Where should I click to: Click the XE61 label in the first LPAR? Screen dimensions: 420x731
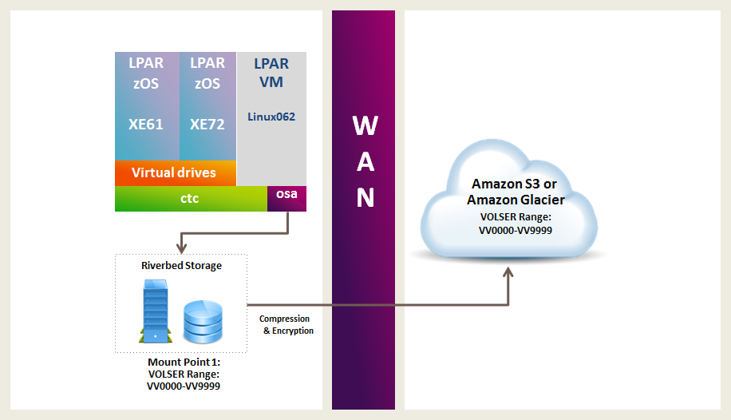(x=147, y=125)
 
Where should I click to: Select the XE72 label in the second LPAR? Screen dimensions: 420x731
(x=207, y=125)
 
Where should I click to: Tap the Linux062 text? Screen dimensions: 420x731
(x=271, y=117)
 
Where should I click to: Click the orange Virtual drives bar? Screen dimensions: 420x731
(x=174, y=173)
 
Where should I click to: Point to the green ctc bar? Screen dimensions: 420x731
(x=190, y=199)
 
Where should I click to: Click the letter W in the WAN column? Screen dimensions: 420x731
(x=364, y=125)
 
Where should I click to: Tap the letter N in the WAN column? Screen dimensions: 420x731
(x=364, y=197)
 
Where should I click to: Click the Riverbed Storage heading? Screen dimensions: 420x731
(x=181, y=265)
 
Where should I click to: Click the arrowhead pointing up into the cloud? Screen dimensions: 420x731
(x=508, y=273)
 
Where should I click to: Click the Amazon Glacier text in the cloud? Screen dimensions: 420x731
(x=516, y=200)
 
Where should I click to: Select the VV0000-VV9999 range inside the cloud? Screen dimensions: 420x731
(x=516, y=229)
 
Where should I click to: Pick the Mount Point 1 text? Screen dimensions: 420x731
(x=181, y=362)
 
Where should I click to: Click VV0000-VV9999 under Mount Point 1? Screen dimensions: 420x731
(x=181, y=386)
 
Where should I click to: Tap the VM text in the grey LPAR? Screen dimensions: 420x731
(x=271, y=81)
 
